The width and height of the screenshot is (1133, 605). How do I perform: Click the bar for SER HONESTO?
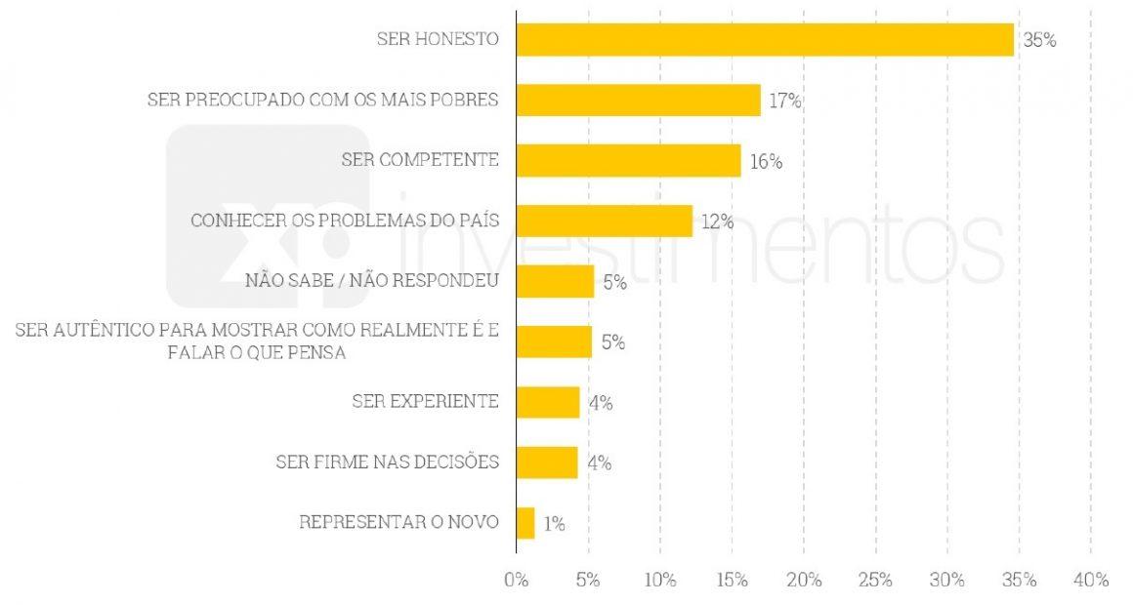(765, 40)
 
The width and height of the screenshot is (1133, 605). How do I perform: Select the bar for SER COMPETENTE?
(628, 161)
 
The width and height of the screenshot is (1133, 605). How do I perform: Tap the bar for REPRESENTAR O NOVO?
(525, 523)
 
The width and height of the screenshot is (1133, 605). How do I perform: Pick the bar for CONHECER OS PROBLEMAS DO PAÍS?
(604, 221)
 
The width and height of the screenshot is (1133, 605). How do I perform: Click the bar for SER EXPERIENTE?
(548, 402)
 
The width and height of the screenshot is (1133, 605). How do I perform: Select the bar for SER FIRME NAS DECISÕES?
(547, 463)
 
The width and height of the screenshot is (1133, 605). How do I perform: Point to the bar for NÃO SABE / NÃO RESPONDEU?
(555, 282)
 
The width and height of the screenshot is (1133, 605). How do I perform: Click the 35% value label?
(1039, 41)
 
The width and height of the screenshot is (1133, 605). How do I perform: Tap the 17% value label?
(784, 101)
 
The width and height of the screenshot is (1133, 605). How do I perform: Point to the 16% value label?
(766, 162)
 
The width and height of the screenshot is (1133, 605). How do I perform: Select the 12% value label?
(717, 222)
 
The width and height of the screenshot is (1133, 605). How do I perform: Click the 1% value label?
(554, 524)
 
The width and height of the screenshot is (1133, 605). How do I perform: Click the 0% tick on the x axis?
(516, 580)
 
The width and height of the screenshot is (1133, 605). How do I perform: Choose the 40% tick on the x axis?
(1090, 580)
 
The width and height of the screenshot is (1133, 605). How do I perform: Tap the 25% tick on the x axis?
(875, 580)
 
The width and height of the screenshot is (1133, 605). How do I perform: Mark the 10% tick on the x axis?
(659, 580)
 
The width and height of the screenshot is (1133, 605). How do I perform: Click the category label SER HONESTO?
(438, 40)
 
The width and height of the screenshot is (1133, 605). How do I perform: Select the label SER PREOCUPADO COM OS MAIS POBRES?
(323, 100)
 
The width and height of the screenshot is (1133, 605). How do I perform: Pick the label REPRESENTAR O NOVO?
(399, 522)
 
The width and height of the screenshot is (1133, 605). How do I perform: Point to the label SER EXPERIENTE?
(425, 401)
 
